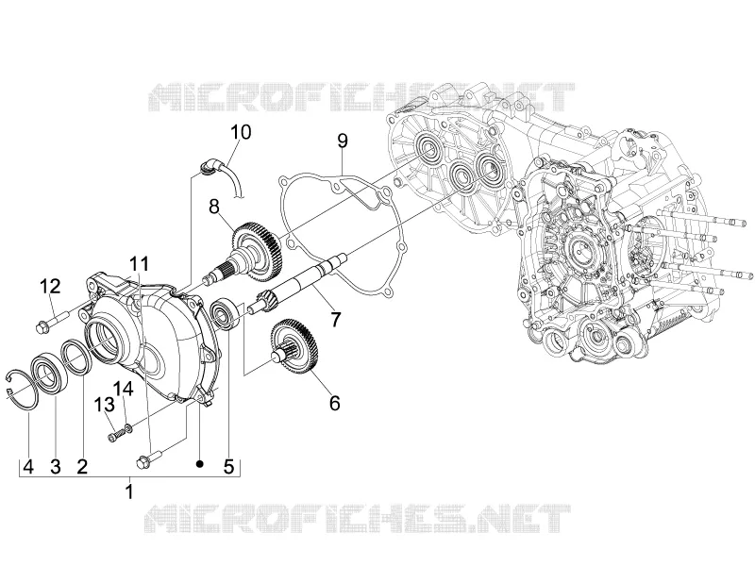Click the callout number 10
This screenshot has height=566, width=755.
(x=241, y=132)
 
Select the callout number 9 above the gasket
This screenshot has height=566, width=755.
(x=343, y=141)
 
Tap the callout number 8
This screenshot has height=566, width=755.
(x=214, y=207)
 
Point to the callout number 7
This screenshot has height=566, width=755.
(x=335, y=319)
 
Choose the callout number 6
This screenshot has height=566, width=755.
(x=335, y=403)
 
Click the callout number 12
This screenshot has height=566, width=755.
(x=50, y=287)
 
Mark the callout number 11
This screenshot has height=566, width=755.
(x=139, y=264)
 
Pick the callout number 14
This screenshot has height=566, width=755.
(x=124, y=389)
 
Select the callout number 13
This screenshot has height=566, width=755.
(x=104, y=405)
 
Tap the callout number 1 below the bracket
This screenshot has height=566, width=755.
(x=129, y=491)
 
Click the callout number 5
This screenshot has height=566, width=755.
(x=228, y=466)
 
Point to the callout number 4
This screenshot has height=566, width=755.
(x=28, y=466)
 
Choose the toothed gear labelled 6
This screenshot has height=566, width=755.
(x=294, y=347)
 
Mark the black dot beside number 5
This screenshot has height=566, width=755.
(x=200, y=463)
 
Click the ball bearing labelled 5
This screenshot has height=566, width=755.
(x=225, y=315)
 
